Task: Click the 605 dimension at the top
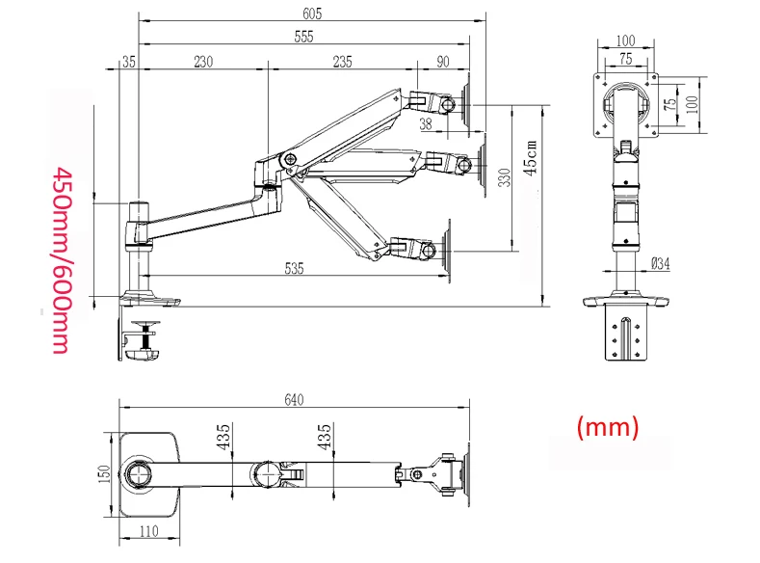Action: [x=311, y=13]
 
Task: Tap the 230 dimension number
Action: [x=203, y=62]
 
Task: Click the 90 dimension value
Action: [x=443, y=62]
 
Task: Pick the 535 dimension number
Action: [x=294, y=269]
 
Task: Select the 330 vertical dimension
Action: [x=503, y=178]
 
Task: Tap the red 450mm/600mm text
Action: [x=60, y=259]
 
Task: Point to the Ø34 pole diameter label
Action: [x=660, y=262]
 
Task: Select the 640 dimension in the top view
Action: [x=295, y=400]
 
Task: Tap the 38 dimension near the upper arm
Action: [x=426, y=124]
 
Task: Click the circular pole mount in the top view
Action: [x=136, y=476]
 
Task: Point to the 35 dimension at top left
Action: [x=129, y=62]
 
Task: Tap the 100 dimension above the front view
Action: [x=625, y=40]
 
